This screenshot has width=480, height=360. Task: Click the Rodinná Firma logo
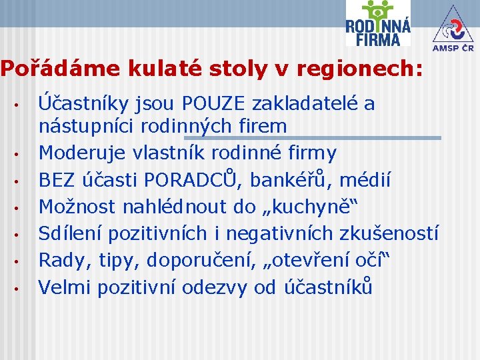tap(377, 24)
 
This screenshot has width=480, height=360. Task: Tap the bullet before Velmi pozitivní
tap(22, 289)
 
